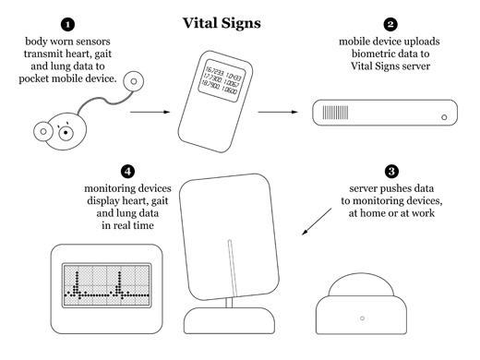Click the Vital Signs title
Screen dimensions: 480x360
(x=222, y=23)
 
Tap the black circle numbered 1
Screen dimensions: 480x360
(x=68, y=25)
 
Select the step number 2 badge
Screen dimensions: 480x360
(x=390, y=25)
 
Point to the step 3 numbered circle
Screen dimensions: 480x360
(x=391, y=172)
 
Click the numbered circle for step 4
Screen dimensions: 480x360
(x=127, y=172)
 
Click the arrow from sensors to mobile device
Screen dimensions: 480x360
(x=150, y=112)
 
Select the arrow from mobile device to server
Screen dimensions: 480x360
(x=278, y=112)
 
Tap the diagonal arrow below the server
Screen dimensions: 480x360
(x=317, y=222)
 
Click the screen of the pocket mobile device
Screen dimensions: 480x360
(x=221, y=80)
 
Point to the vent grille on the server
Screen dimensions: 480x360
(x=335, y=113)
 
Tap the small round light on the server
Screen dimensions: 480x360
(x=444, y=117)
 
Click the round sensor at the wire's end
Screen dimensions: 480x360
(x=134, y=81)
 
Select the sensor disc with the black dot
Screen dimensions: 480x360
(x=66, y=133)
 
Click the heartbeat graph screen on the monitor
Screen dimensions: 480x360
(x=107, y=285)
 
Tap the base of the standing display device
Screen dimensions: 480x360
(x=229, y=320)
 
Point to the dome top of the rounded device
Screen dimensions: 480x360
(x=361, y=284)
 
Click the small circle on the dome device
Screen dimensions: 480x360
(x=362, y=318)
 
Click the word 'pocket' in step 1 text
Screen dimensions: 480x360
(x=34, y=78)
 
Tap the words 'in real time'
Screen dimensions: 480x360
(x=127, y=225)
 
